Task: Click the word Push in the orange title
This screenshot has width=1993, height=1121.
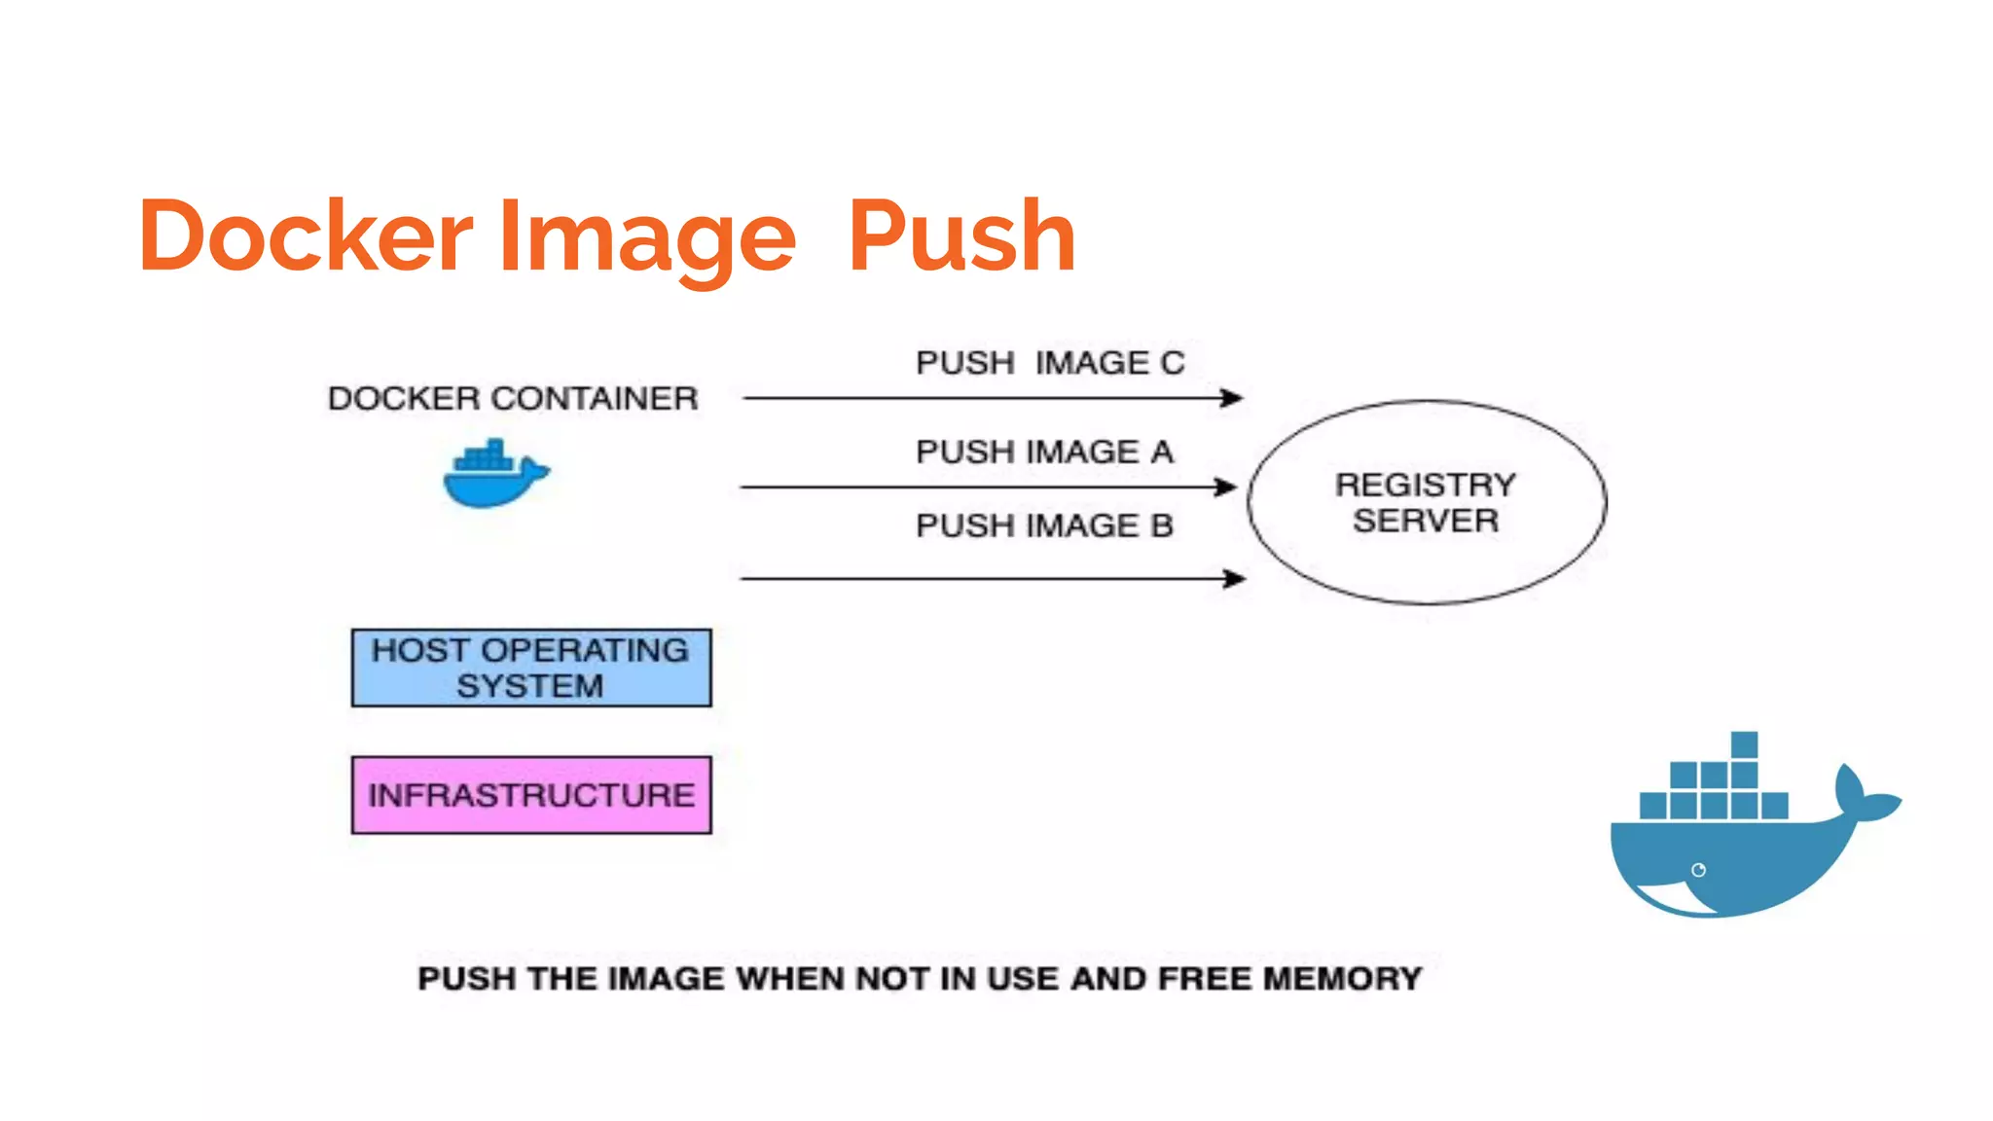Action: click(961, 235)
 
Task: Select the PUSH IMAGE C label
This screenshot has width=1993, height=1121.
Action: click(1050, 363)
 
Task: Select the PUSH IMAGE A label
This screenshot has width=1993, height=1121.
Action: click(1044, 452)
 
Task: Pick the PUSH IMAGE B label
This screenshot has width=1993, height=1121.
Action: click(1044, 526)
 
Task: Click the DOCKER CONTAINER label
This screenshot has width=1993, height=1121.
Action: click(513, 399)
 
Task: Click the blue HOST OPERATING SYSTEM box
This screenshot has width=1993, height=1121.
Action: click(531, 668)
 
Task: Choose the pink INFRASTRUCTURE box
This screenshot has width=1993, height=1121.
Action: click(531, 795)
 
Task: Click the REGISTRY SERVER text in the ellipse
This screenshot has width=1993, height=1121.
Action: click(1426, 502)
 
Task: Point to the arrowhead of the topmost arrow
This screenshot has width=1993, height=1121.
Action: click(1234, 398)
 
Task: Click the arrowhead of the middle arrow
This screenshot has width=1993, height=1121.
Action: click(1228, 487)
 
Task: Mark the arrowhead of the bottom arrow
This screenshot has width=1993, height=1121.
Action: click(1237, 579)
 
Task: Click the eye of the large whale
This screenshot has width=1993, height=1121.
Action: click(1698, 870)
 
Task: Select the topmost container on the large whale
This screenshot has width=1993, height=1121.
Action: click(1744, 745)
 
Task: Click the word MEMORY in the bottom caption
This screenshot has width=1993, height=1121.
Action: click(1342, 979)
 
